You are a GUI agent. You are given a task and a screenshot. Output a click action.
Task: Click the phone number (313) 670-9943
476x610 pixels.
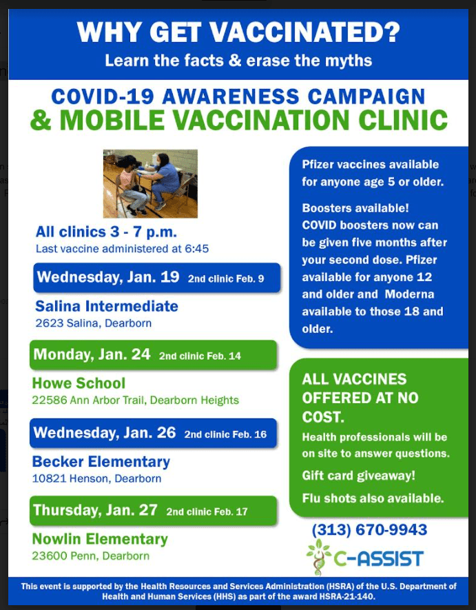(369, 530)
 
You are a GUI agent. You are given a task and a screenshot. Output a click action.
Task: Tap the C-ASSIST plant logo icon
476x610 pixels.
(319, 556)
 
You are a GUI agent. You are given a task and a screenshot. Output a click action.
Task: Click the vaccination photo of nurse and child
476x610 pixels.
(150, 183)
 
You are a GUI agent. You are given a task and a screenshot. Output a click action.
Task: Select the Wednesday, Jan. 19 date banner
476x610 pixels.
(157, 278)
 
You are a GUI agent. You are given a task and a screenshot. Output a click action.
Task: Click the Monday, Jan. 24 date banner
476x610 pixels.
(153, 355)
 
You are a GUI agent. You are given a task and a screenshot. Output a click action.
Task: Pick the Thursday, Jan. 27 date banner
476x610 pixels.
(153, 511)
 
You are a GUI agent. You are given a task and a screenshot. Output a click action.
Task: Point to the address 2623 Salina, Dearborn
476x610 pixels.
(94, 323)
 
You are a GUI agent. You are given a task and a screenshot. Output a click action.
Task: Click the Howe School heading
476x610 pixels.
(79, 383)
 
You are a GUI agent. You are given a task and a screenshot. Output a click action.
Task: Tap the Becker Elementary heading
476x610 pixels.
(101, 462)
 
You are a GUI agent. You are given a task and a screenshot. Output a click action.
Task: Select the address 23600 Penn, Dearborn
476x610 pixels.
(91, 556)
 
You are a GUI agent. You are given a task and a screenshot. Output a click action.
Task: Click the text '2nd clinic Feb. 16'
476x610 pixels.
(225, 434)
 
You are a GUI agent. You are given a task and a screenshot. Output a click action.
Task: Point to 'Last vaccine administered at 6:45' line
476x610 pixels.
(122, 249)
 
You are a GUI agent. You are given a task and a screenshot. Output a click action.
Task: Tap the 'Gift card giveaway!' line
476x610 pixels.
(359, 476)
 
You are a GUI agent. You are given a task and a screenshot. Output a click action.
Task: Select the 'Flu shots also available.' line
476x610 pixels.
(373, 498)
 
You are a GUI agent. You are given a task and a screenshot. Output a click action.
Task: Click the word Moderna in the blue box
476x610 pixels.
(409, 294)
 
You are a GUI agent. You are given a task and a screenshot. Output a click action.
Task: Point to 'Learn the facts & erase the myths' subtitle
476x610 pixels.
(238, 61)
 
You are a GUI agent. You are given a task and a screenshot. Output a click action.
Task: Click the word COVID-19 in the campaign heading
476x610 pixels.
(103, 96)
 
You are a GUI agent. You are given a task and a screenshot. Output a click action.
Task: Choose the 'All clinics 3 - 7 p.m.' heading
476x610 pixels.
(106, 232)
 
